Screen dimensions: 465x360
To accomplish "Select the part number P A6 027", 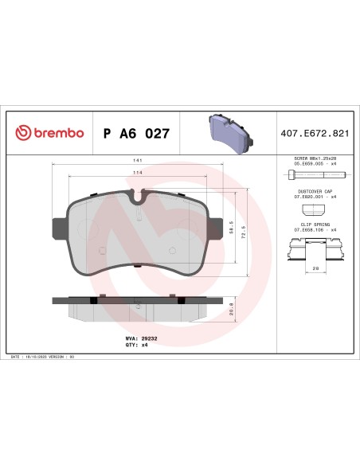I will pyautogui.click(x=136, y=133).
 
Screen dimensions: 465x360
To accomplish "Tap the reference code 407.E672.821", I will pyautogui.click(x=315, y=133).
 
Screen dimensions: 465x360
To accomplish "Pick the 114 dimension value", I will pyautogui.click(x=139, y=173).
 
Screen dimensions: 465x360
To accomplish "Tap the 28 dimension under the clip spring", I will pyautogui.click(x=315, y=269).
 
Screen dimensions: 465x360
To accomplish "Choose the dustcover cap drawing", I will pyautogui.click(x=315, y=209).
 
